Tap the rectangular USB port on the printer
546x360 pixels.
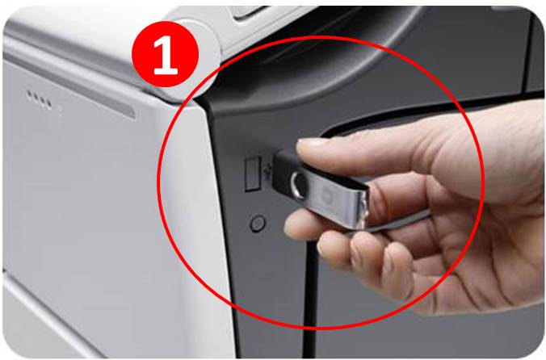253,174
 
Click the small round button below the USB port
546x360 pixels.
258,224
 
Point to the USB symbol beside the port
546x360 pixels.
267,172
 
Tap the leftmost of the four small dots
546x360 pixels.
30,94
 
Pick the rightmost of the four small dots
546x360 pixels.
49,104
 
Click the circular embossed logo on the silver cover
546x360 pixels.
327,194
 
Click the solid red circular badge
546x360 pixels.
166,54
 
